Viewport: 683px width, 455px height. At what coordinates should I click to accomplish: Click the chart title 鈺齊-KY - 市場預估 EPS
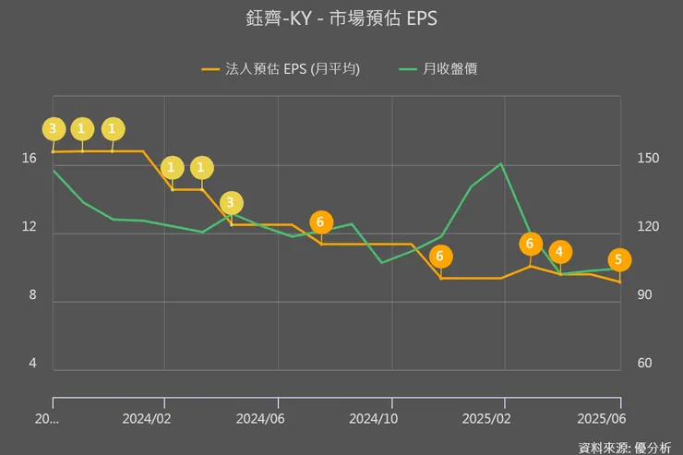tap(341, 18)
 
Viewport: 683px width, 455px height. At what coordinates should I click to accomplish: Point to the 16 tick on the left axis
tap(30, 159)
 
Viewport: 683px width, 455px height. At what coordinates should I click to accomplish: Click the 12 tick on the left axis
tap(30, 227)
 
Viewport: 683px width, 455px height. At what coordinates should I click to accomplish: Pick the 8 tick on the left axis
tap(32, 295)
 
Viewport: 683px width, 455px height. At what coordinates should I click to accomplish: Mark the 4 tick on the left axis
tap(32, 364)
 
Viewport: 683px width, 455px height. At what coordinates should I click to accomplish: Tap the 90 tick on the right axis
tap(645, 295)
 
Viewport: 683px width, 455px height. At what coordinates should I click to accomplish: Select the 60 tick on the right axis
tap(645, 364)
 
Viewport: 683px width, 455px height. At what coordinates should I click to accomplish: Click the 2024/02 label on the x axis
tap(148, 417)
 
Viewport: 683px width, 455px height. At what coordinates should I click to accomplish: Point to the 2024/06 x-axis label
tap(261, 417)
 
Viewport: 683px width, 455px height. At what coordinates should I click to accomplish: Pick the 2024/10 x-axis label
tap(374, 417)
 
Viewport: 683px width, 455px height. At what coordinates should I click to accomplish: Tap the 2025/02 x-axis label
tap(487, 417)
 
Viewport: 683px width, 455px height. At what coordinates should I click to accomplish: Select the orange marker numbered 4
tap(560, 252)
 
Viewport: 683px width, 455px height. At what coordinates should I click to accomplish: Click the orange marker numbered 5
tap(618, 259)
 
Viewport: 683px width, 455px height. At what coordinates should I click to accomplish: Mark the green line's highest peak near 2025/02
tap(501, 164)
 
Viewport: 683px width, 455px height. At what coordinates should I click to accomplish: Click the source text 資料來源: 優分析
tap(625, 447)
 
